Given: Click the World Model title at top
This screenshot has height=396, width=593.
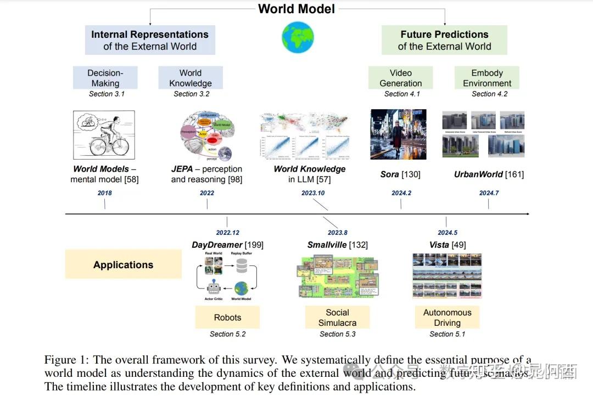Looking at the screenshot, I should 296,9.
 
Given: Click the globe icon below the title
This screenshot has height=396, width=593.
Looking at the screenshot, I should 297,38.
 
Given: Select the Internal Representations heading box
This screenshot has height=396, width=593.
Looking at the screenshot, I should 150,40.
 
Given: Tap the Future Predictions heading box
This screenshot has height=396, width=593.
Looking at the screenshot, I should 444,40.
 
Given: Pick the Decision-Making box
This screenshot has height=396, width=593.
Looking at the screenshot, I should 105,78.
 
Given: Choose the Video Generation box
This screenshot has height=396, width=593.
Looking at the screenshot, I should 401,78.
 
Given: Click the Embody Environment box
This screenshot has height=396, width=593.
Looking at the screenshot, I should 487,78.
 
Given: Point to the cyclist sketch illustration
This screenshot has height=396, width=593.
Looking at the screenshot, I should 104,135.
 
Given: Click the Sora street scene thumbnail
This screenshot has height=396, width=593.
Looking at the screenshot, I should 399,134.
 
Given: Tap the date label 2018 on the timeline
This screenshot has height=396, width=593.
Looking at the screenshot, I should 104,193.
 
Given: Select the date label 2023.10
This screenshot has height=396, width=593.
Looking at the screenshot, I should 313,193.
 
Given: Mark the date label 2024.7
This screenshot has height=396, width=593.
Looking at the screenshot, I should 489,193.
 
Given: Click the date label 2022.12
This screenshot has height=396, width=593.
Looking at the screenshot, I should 227,233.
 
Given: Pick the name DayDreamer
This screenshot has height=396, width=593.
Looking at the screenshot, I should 217,245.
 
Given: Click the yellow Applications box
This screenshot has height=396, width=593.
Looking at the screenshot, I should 123,264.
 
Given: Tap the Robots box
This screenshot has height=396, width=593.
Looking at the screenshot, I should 227,318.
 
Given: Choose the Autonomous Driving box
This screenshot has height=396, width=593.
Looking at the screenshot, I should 447,318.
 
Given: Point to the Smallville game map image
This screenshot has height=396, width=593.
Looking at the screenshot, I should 338,276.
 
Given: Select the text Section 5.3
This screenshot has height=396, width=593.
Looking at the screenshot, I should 338,334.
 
